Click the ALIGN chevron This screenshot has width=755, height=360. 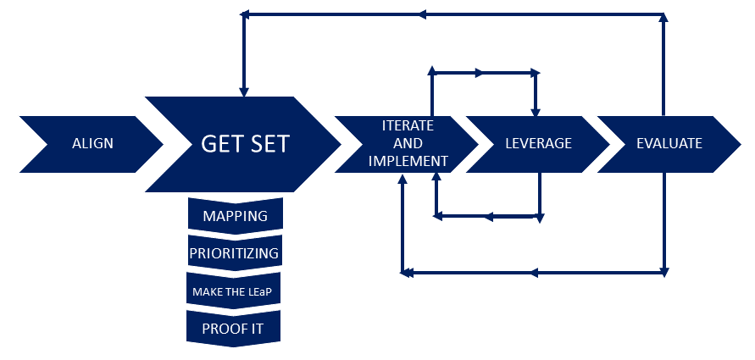pyautogui.click(x=92, y=144)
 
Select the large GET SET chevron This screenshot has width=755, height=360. pyautogui.click(x=244, y=144)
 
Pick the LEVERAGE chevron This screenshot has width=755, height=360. pyautogui.click(x=538, y=144)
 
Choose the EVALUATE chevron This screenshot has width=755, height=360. pyautogui.click(x=669, y=144)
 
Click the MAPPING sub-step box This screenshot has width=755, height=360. pyautogui.click(x=235, y=216)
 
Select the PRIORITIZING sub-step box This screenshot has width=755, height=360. pyautogui.click(x=235, y=253)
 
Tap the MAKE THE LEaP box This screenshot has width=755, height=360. pyautogui.click(x=234, y=291)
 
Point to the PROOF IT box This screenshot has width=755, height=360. pyautogui.click(x=233, y=329)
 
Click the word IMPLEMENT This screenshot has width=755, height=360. pyautogui.click(x=408, y=161)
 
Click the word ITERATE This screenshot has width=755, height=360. pyautogui.click(x=408, y=126)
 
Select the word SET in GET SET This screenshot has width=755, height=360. pyautogui.click(x=268, y=143)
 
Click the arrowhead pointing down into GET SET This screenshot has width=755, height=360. pyautogui.click(x=244, y=92)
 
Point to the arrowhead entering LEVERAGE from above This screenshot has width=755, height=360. pyautogui.click(x=535, y=111)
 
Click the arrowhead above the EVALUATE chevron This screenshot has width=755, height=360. pyautogui.click(x=663, y=18)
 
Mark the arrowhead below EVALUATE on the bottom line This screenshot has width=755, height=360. pyautogui.click(x=664, y=272)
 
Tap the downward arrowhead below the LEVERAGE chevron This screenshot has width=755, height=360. pyautogui.click(x=540, y=218)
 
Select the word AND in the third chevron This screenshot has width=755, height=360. pyautogui.click(x=408, y=143)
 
